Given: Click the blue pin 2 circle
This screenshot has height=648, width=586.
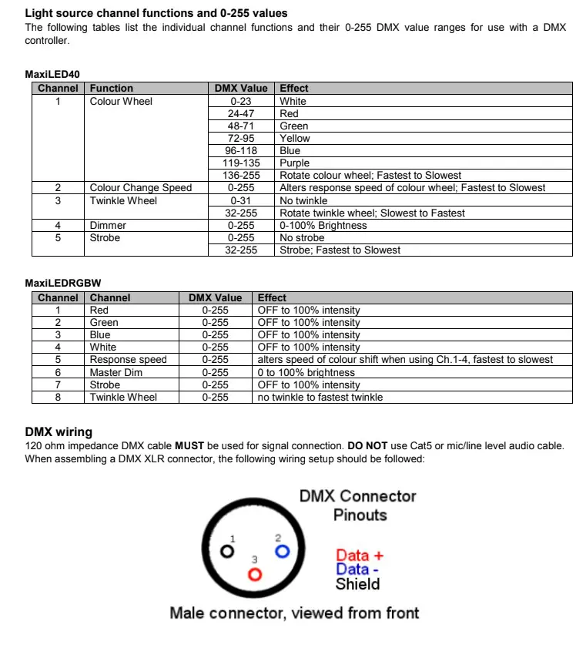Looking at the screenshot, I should click(282, 551).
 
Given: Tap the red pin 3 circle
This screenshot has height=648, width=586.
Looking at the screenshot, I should click(254, 574).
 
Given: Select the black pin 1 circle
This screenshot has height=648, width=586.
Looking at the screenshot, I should click(226, 552).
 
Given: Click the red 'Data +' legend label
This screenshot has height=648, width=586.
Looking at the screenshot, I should click(359, 555).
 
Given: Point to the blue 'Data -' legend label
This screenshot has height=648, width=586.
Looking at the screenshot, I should click(357, 569).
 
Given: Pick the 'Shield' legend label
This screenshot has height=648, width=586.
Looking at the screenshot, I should click(357, 584).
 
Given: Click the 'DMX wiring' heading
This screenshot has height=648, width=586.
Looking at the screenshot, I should click(59, 432).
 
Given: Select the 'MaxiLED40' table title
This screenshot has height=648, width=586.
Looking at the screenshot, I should click(52, 75).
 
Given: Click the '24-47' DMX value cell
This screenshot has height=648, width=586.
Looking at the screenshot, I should click(242, 113).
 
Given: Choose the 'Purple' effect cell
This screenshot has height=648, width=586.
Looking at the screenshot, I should click(294, 163).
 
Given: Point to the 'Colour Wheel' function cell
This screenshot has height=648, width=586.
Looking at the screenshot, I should click(121, 101).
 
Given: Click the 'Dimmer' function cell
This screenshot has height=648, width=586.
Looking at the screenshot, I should click(108, 225).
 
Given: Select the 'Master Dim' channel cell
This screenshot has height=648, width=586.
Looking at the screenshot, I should click(117, 372).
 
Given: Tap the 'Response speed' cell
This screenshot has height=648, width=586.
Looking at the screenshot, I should click(128, 360).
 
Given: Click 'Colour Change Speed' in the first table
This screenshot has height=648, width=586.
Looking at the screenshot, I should click(140, 187).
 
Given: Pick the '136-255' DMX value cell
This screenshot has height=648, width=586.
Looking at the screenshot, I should click(242, 175).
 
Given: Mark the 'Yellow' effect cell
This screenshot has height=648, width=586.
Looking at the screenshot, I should click(295, 138).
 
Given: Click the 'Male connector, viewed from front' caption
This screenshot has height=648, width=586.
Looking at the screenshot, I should click(294, 613).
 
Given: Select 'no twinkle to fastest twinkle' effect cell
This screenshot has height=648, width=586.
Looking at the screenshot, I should click(320, 397).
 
